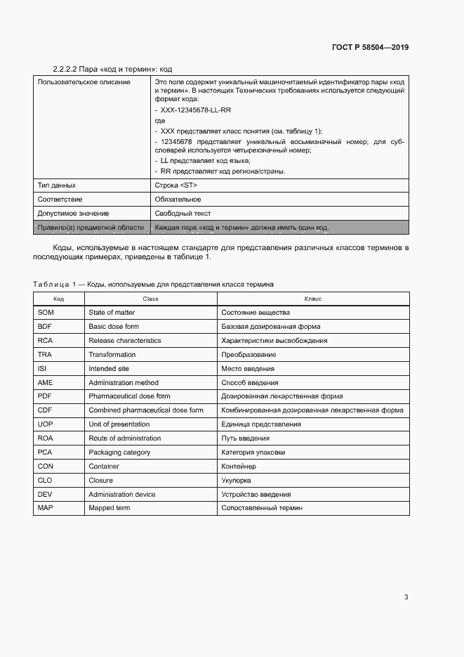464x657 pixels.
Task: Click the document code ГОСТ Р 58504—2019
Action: pyautogui.click(x=370, y=48)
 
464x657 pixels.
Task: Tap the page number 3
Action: pyautogui.click(x=406, y=597)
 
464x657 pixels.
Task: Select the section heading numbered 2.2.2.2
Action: pyautogui.click(x=112, y=69)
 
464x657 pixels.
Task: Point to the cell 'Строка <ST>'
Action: pyautogui.click(x=175, y=186)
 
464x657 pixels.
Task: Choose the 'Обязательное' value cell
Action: pyautogui.click(x=178, y=200)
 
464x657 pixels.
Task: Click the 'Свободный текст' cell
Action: pyautogui.click(x=183, y=214)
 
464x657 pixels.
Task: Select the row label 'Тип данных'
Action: pyautogui.click(x=56, y=186)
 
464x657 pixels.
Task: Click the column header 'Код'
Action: pyautogui.click(x=58, y=299)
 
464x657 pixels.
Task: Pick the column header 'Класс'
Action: pyautogui.click(x=313, y=299)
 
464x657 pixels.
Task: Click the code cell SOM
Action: pyautogui.click(x=45, y=312)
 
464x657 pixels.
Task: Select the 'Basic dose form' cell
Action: pyautogui.click(x=114, y=326)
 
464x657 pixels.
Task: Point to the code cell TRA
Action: pyautogui.click(x=45, y=354)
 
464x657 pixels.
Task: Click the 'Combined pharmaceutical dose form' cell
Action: pyautogui.click(x=146, y=410)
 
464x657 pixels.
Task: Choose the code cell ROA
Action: pyautogui.click(x=45, y=438)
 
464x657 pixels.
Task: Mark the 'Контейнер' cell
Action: pyautogui.click(x=239, y=467)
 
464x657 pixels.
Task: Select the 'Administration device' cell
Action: pyautogui.click(x=122, y=494)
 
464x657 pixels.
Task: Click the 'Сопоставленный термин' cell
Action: pyautogui.click(x=262, y=508)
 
